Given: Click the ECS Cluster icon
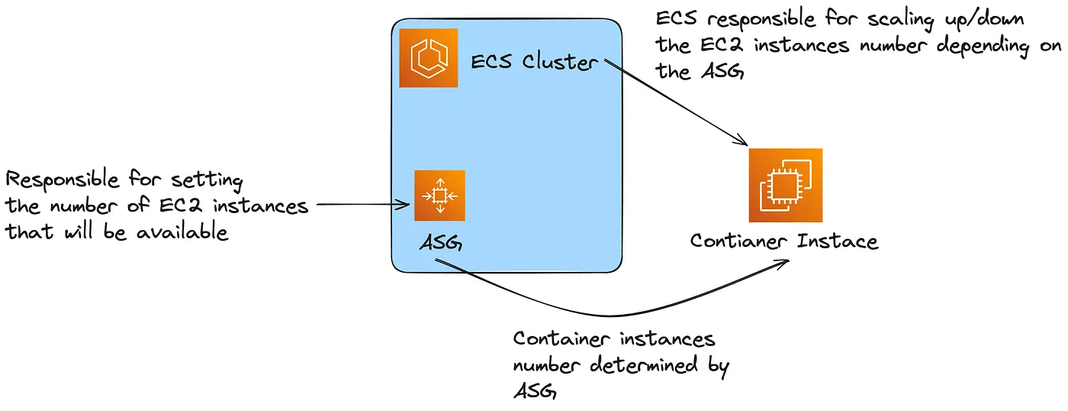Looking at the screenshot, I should click(429, 58).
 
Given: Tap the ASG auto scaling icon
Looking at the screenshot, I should click(439, 196).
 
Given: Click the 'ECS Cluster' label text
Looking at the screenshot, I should click(535, 61).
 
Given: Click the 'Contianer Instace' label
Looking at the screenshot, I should click(783, 241).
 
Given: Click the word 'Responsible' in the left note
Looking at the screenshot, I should click(63, 181).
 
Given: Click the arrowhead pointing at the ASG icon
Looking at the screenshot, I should click(406, 204).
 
